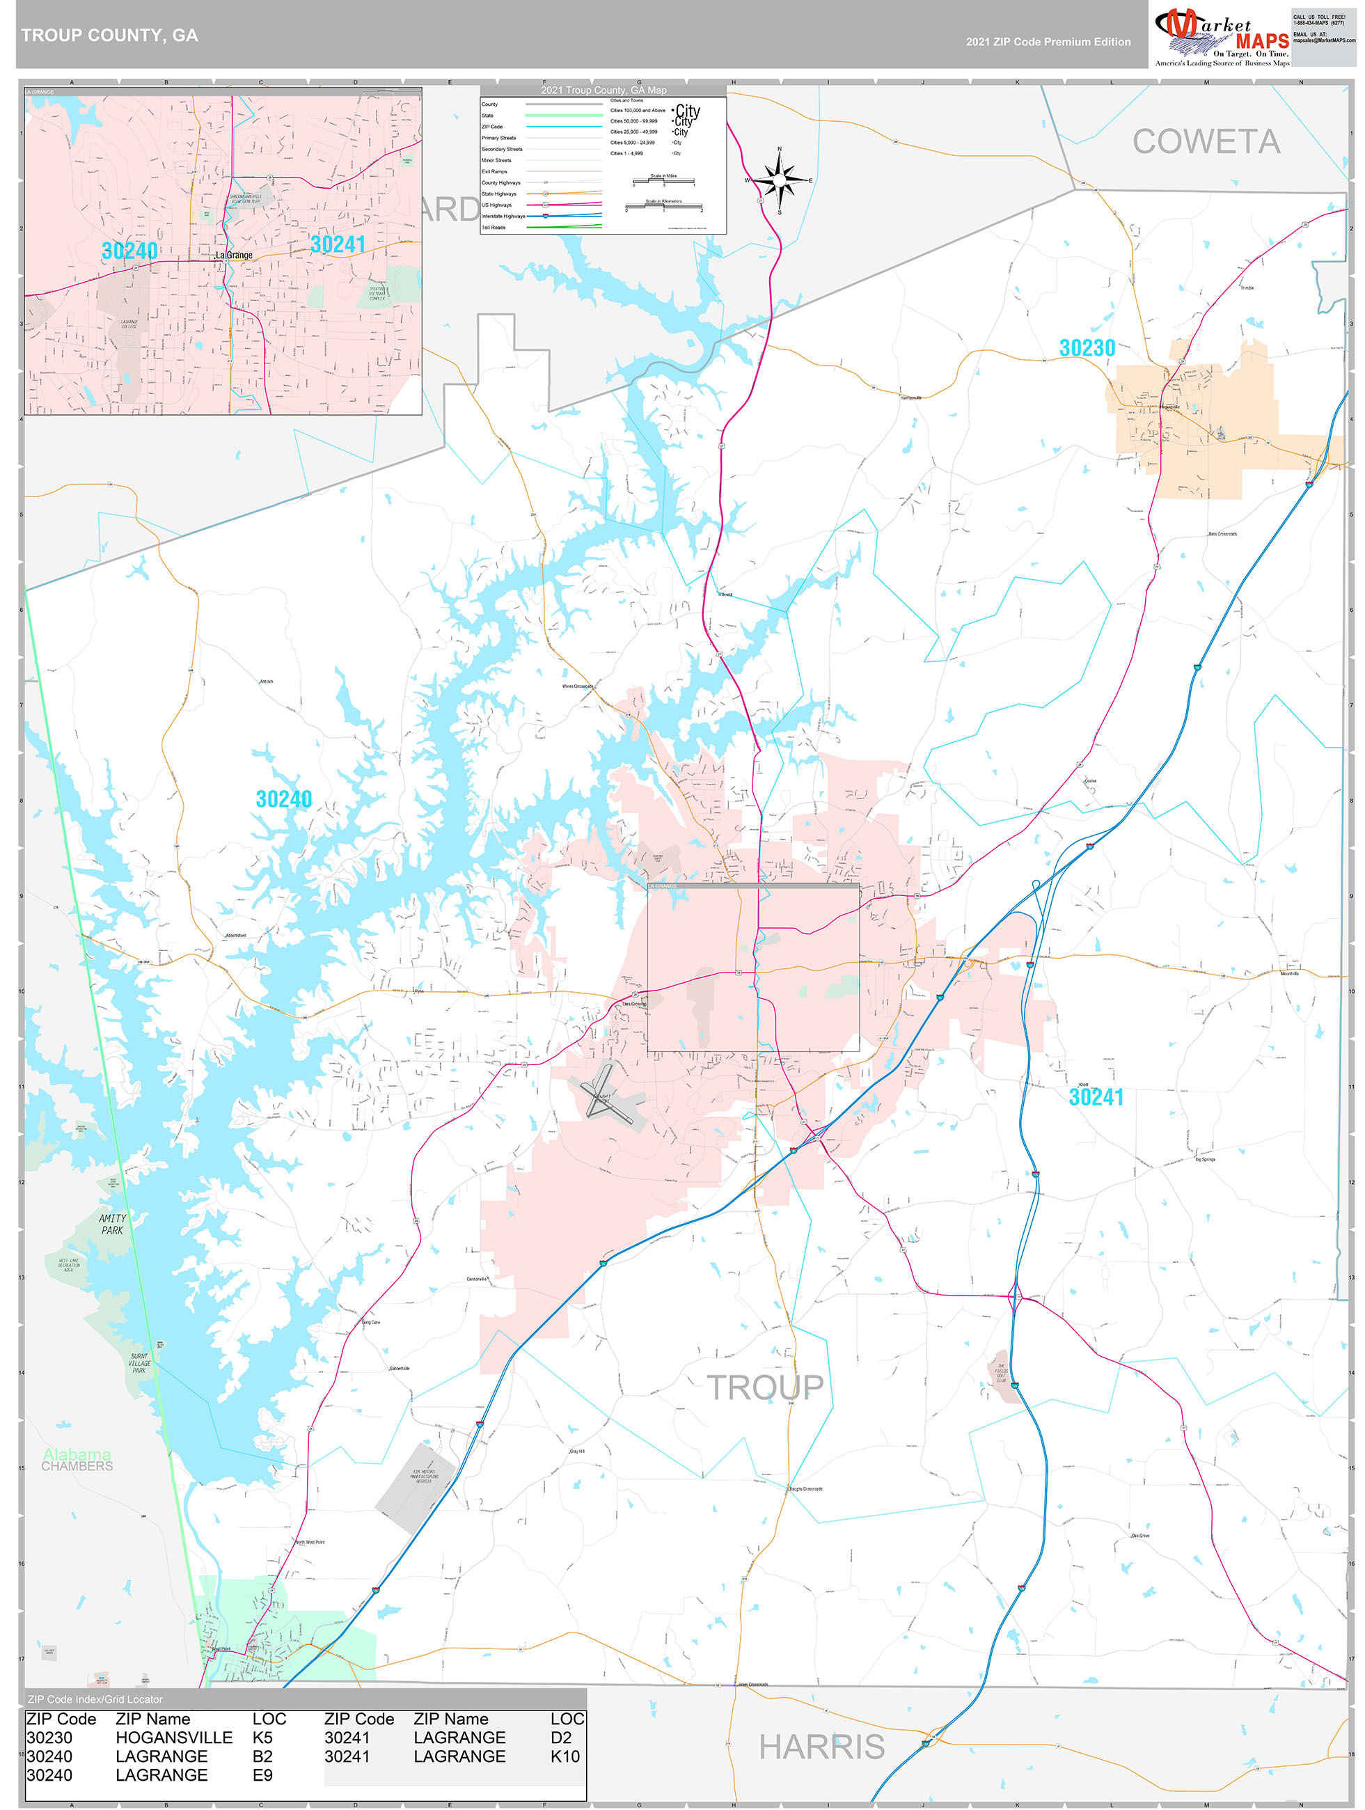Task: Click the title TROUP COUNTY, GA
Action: (x=110, y=36)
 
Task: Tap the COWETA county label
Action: (x=1206, y=141)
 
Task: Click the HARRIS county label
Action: (x=821, y=1746)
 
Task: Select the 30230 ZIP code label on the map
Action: (x=1087, y=349)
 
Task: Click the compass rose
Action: (x=779, y=179)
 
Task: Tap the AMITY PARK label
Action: (x=112, y=1224)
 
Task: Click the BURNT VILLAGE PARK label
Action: (x=139, y=1363)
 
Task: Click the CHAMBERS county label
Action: (x=77, y=1466)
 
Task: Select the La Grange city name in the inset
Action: (x=234, y=255)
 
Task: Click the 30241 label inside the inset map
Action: (x=337, y=244)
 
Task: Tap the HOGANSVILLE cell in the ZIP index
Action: (x=173, y=1737)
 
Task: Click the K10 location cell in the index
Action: (x=565, y=1756)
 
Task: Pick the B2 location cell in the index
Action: (x=262, y=1756)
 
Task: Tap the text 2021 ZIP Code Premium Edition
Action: (x=1048, y=42)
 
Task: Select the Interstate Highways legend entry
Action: (x=503, y=216)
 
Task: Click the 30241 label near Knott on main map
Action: (x=1096, y=1097)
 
